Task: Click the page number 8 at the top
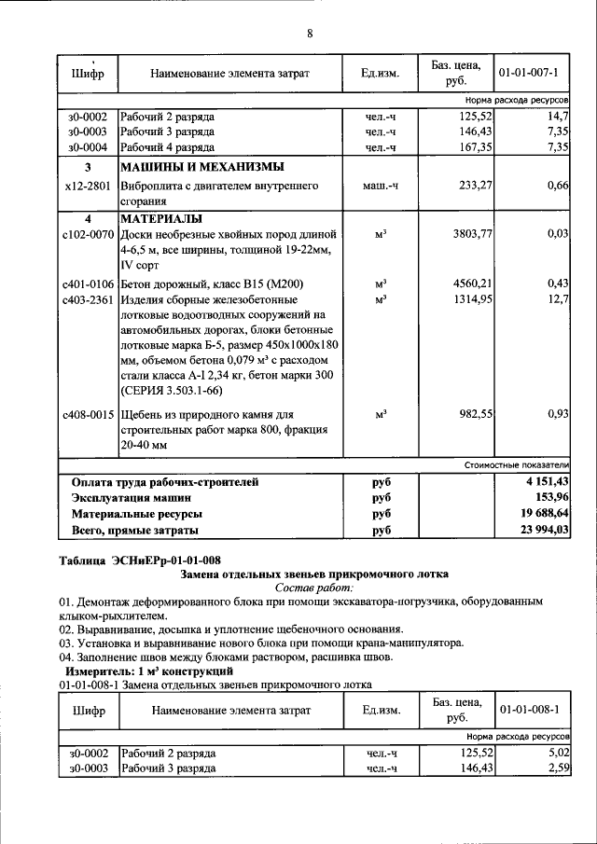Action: (310, 34)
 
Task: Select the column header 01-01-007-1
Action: (528, 72)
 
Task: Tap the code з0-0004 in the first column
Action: (88, 146)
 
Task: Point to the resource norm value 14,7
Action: (558, 117)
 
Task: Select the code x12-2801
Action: (88, 186)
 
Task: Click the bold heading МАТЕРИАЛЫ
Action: (162, 219)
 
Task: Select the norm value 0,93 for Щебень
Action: (557, 413)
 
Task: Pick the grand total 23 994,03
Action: (544, 530)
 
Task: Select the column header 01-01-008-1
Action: (528, 710)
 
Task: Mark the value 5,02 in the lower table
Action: (557, 752)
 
